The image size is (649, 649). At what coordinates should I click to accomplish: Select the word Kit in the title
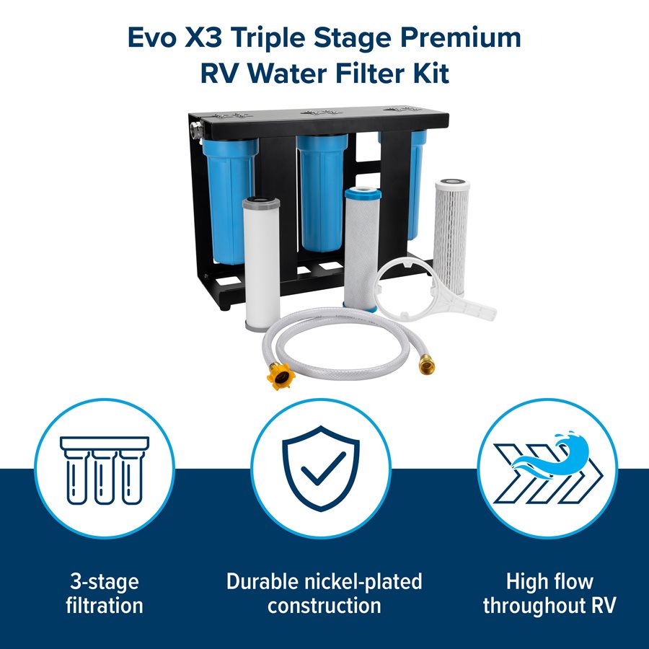[430, 74]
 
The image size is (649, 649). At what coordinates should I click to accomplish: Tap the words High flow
[549, 581]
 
